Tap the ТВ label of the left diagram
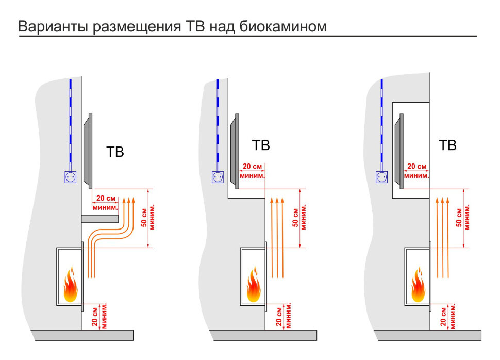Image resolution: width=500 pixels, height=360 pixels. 115,153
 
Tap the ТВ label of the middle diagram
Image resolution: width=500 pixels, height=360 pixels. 261,146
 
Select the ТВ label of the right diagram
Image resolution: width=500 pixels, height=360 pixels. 447,146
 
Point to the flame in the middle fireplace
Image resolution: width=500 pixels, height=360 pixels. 253,285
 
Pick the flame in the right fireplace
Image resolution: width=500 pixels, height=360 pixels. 418,285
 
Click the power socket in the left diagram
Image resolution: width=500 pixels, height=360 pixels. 70,177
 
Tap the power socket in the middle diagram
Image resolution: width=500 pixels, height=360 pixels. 219,177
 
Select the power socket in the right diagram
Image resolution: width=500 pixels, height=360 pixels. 382,177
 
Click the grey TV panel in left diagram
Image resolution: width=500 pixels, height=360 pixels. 88,151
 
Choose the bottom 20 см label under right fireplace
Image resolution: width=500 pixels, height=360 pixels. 447,315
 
